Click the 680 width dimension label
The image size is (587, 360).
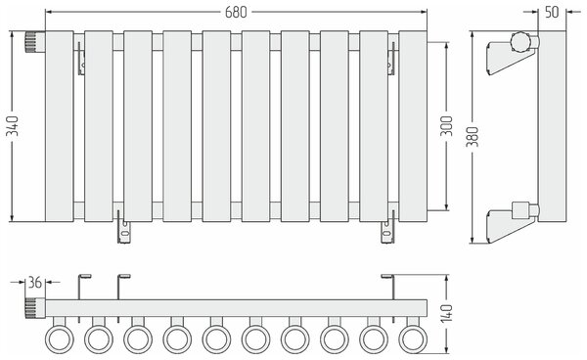click(x=236, y=12)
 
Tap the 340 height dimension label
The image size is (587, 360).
click(x=14, y=126)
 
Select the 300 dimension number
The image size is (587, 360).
click(x=446, y=126)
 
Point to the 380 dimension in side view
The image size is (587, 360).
click(x=473, y=137)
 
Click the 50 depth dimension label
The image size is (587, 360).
click(x=552, y=12)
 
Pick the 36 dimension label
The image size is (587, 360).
click(x=35, y=283)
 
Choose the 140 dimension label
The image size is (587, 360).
click(x=446, y=314)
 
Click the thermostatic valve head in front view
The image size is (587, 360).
click(x=35, y=42)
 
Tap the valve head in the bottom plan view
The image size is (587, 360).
click(x=35, y=308)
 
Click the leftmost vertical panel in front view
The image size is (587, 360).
click(x=60, y=126)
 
